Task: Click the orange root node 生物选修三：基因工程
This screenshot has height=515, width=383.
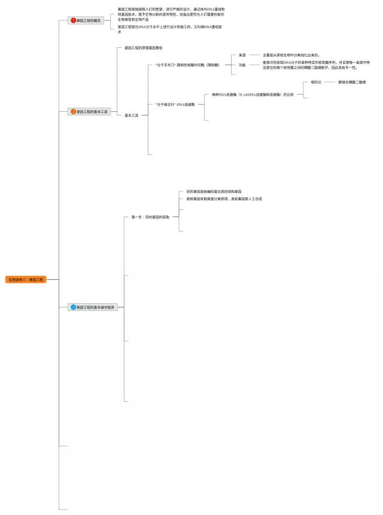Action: click(x=26, y=279)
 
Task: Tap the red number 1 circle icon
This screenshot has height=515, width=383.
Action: click(x=74, y=20)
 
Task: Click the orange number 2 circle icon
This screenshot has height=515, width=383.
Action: click(x=74, y=111)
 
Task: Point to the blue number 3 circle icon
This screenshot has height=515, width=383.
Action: click(x=74, y=307)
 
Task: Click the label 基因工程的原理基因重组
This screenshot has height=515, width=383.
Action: click(x=144, y=47)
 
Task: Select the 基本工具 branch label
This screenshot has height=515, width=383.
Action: click(x=132, y=115)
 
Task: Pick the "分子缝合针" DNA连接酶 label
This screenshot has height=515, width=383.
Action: click(x=175, y=104)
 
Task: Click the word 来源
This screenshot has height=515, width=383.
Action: click(x=242, y=54)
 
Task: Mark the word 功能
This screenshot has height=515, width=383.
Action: click(x=242, y=65)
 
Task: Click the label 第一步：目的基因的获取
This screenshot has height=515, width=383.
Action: click(x=150, y=217)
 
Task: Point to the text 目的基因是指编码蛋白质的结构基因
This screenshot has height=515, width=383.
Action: click(x=214, y=191)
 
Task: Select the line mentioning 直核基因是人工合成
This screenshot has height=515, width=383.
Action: click(x=224, y=199)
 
